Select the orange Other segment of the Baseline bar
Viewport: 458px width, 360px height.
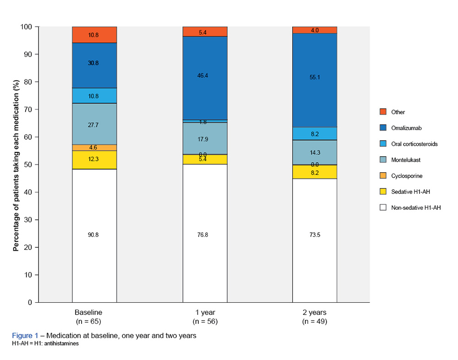click(x=94, y=35)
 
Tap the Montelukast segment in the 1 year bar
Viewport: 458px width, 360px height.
click(x=205, y=138)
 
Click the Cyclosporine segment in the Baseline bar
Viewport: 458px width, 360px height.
click(x=94, y=147)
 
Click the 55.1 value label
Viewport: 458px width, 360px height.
click(x=315, y=77)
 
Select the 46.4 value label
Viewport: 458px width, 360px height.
click(x=203, y=75)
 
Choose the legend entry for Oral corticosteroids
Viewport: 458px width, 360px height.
click(x=414, y=144)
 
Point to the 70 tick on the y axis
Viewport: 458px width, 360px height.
click(x=28, y=109)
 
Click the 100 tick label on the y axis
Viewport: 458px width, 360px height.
click(x=27, y=27)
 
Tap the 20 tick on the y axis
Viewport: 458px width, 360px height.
click(x=28, y=247)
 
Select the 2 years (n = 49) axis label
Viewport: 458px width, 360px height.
click(x=315, y=316)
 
